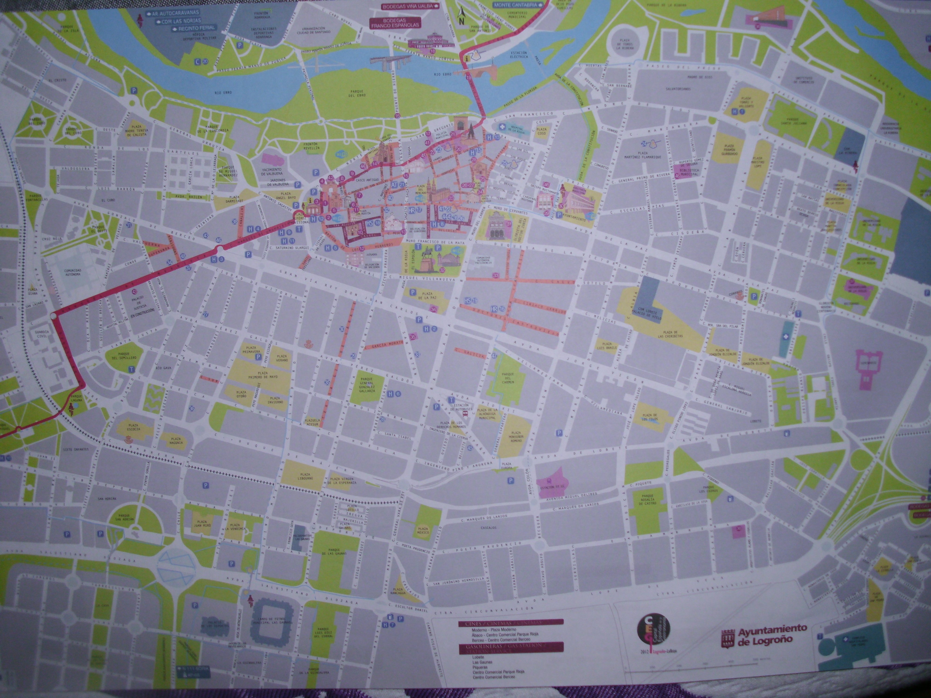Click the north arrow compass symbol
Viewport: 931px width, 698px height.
tap(461, 16)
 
